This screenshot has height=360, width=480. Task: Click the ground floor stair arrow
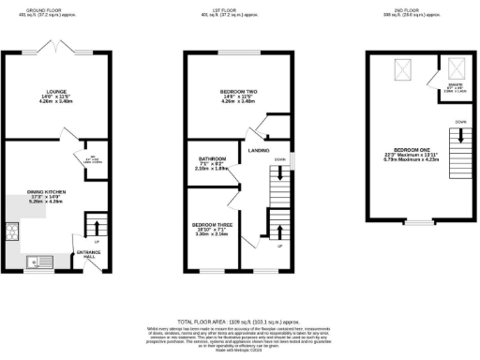pos(94,228)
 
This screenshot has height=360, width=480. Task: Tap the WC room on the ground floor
pos(95,160)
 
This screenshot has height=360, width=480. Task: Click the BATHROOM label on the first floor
pos(211,159)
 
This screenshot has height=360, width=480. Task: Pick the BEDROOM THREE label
pos(212,227)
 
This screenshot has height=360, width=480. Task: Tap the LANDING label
pos(259,149)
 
